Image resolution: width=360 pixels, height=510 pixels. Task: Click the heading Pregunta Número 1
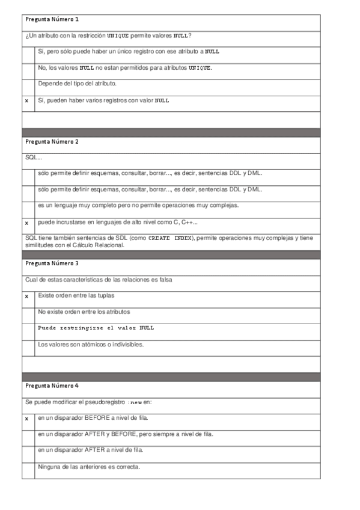coord(52,20)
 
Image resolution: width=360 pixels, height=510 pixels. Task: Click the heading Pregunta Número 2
coord(52,142)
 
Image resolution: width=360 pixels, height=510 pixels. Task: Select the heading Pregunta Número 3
coord(52,263)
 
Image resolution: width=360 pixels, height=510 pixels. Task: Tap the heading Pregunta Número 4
coord(52,386)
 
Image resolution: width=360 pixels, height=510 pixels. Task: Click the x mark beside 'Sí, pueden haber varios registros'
coord(26,100)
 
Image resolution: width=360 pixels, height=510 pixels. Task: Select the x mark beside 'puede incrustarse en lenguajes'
coord(26,223)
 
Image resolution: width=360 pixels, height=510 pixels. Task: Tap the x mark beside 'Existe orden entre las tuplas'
coord(26,296)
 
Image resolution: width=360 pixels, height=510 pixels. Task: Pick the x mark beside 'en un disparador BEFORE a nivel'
coord(26,418)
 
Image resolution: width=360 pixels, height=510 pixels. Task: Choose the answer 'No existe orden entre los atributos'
coord(84,312)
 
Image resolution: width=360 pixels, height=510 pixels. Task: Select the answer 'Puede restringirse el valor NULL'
coord(96,328)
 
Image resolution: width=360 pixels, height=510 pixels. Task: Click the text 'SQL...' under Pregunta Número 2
coord(34,158)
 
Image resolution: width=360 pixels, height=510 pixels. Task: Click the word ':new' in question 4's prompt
coord(135,402)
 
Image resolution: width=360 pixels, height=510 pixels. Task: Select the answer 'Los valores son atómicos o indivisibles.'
coord(91,345)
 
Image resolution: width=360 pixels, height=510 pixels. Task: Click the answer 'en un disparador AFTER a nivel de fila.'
coord(90,450)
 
